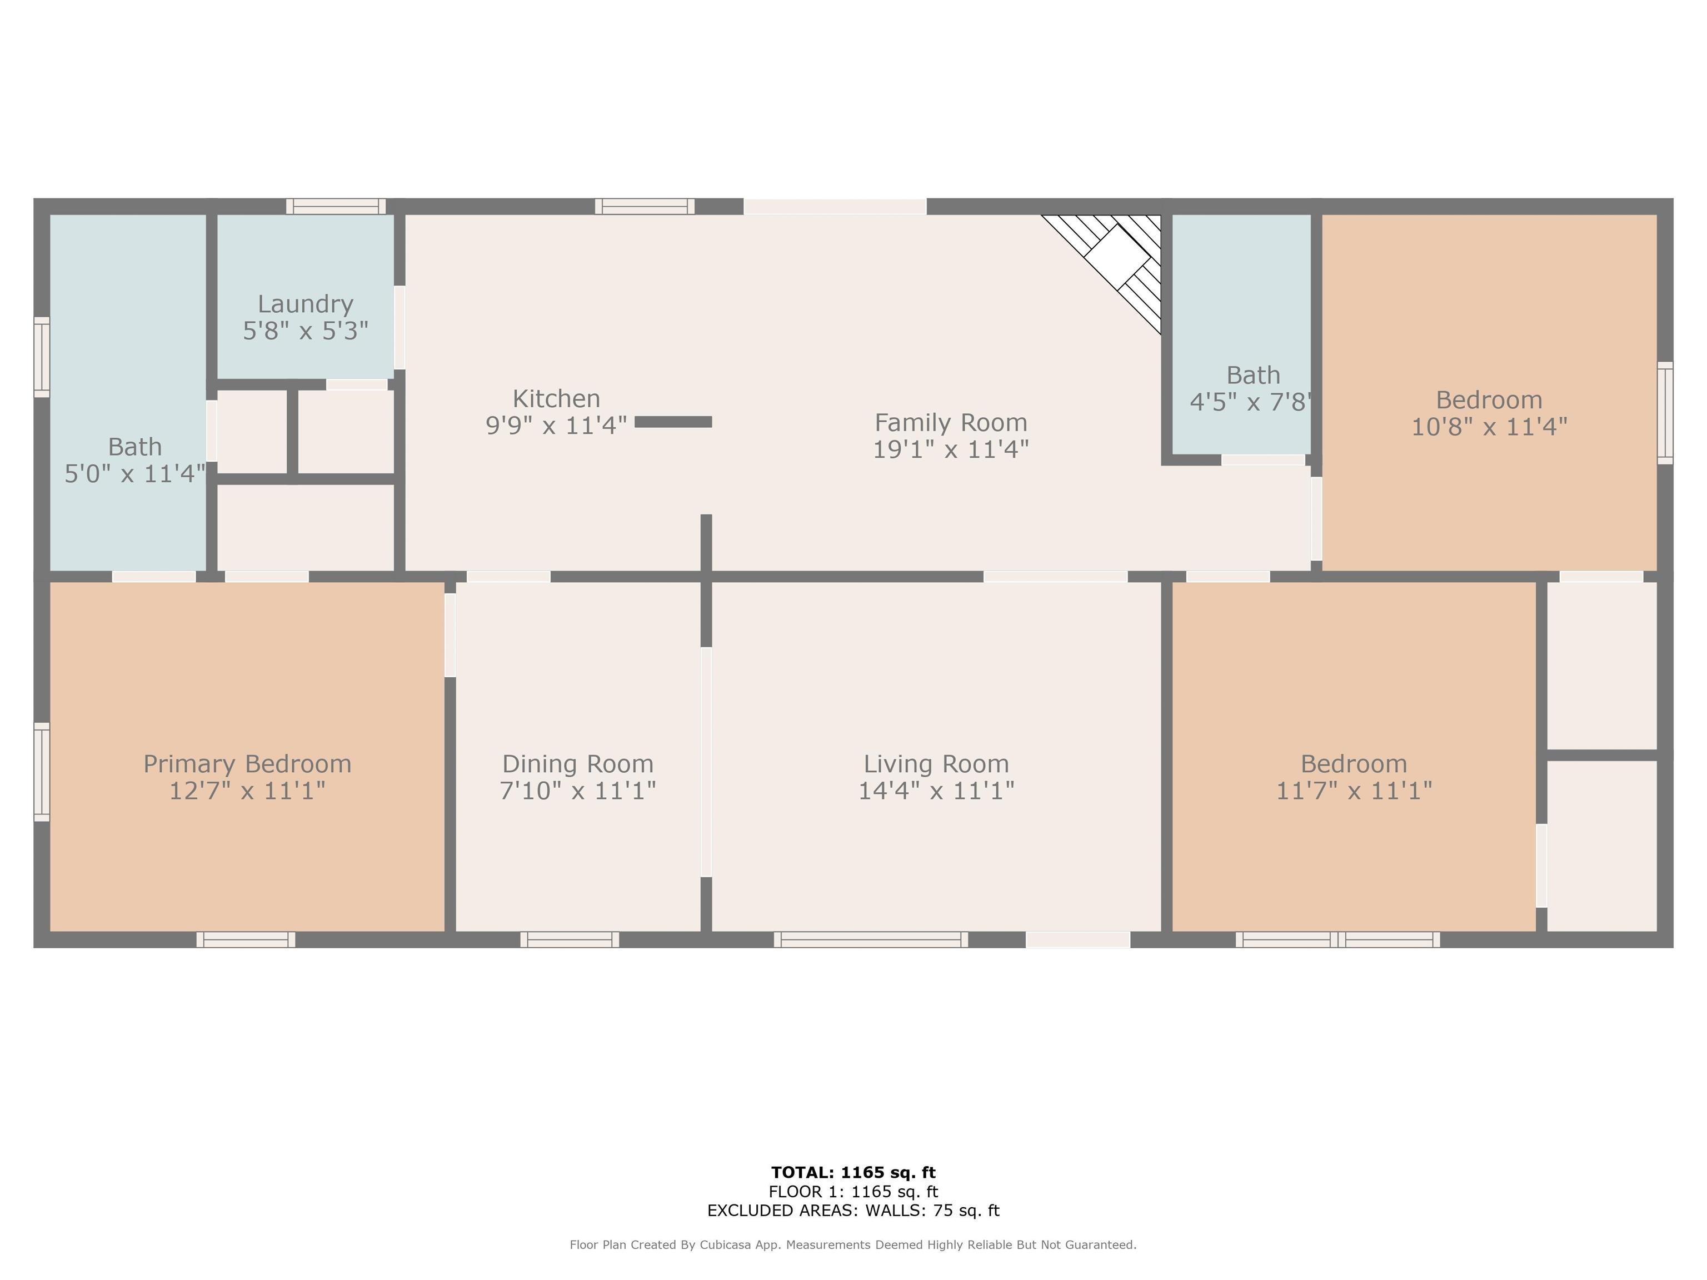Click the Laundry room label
[x=305, y=304]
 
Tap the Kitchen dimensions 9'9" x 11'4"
[x=556, y=425]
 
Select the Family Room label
[x=950, y=422]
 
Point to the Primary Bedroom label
[x=247, y=764]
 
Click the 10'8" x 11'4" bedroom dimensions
[x=1489, y=427]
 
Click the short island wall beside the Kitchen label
[x=673, y=421]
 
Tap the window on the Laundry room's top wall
[x=336, y=206]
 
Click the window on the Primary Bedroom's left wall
[x=42, y=772]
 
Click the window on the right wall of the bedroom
[x=1665, y=413]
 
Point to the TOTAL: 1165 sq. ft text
[x=853, y=1173]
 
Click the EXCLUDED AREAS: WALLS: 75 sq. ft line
[x=853, y=1211]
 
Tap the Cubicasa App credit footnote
[x=853, y=1244]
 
